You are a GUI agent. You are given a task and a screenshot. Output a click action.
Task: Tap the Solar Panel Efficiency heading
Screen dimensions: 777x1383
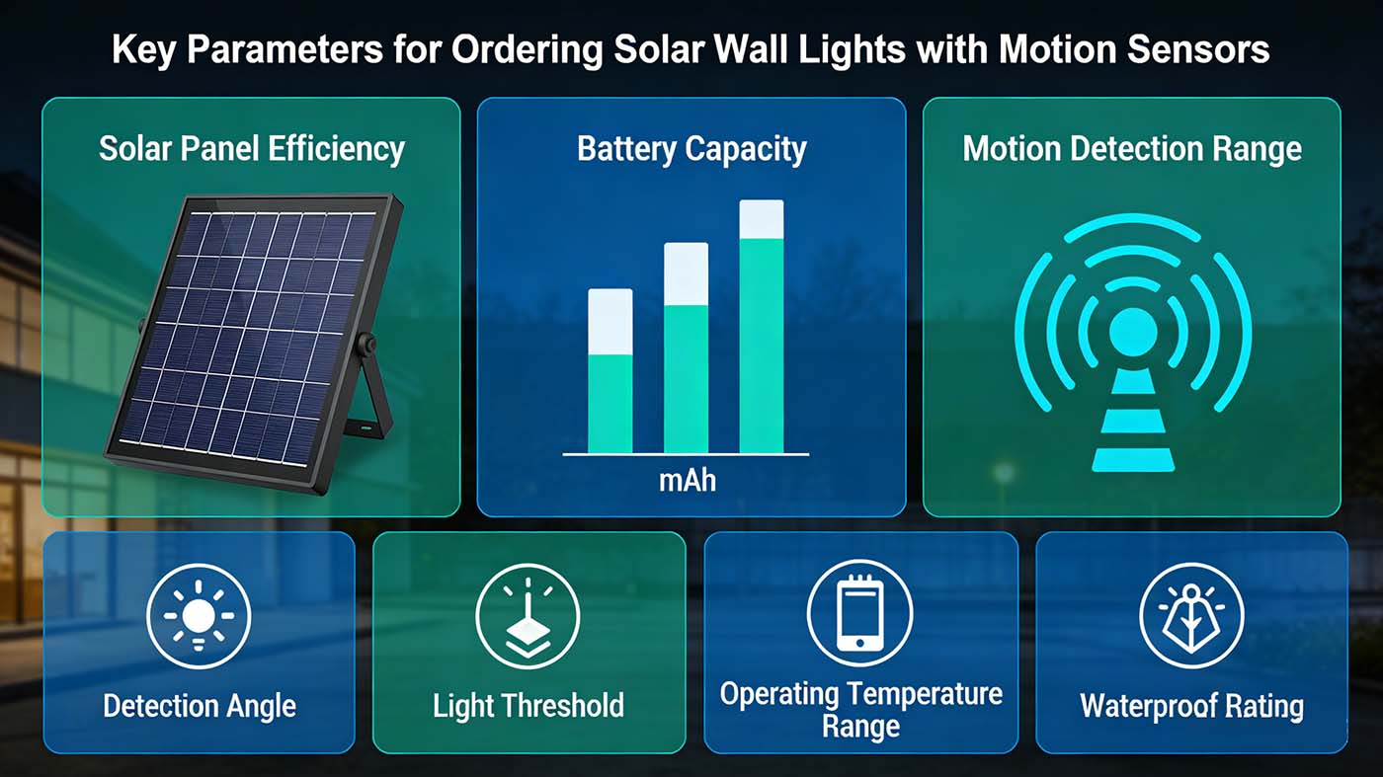click(x=252, y=148)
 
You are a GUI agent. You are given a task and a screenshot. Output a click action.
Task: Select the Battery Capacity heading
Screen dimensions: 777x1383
click(x=691, y=148)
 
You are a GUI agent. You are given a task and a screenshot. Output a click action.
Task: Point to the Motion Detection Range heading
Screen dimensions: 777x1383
click(x=1132, y=148)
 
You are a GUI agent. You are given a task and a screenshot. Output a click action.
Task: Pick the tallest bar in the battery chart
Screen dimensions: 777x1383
click(x=762, y=327)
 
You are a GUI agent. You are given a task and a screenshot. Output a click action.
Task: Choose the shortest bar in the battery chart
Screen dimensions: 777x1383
click(x=610, y=371)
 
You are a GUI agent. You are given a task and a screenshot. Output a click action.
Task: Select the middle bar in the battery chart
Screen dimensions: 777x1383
click(x=686, y=348)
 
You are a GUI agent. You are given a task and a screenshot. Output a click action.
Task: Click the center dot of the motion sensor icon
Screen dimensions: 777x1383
click(x=1133, y=333)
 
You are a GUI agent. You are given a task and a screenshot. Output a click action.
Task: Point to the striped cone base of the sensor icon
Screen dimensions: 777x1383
click(x=1133, y=425)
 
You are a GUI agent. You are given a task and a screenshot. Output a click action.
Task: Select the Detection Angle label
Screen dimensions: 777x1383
click(x=200, y=706)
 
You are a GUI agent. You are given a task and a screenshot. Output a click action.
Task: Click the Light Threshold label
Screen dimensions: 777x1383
click(x=529, y=706)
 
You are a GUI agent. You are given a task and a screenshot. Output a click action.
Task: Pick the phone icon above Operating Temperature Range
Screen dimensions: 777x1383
click(x=859, y=612)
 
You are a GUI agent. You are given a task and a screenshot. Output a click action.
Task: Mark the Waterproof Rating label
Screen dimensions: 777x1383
click(x=1191, y=706)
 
